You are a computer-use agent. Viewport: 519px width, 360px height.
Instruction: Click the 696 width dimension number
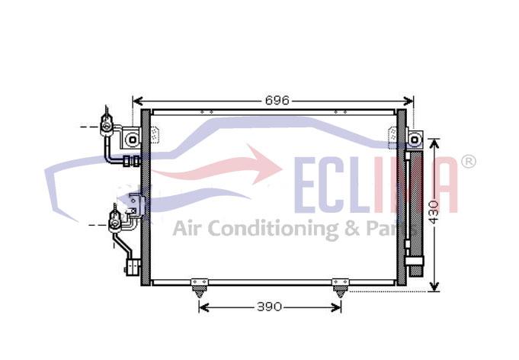point(277,100)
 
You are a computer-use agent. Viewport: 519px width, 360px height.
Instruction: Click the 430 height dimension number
point(434,212)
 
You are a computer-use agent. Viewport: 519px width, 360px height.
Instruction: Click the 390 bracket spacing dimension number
point(270,307)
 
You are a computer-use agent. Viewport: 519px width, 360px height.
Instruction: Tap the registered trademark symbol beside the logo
point(469,162)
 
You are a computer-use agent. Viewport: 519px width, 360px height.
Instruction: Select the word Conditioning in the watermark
point(273,229)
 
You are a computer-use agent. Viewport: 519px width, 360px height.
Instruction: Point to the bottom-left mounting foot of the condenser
point(200,288)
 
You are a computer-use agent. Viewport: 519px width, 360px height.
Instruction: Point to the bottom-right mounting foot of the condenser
point(341,288)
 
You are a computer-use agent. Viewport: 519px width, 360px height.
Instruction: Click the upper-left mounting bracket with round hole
point(131,139)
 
